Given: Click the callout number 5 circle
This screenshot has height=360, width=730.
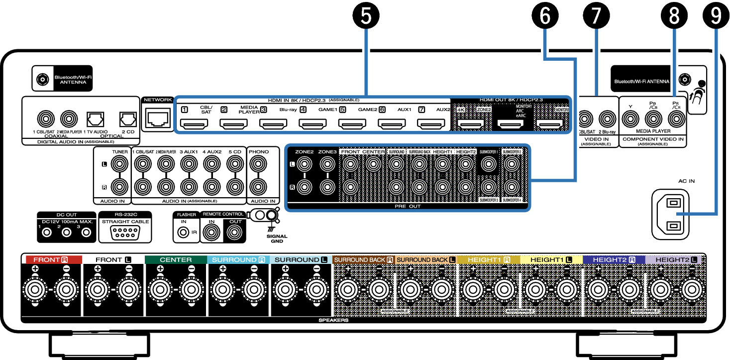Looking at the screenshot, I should tap(366, 16).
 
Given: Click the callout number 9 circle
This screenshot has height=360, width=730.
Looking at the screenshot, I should tap(716, 16).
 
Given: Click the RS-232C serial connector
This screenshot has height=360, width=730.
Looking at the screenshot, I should tap(122, 232).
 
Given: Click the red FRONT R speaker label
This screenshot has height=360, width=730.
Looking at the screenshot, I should tap(51, 259).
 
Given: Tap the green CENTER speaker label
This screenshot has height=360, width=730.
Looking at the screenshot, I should tap(176, 259).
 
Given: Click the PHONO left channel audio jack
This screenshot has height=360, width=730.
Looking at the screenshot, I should tap(257, 163).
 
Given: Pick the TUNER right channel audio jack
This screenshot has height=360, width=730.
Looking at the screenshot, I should tap(119, 187).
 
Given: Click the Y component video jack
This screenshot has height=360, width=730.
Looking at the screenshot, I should tap(630, 119).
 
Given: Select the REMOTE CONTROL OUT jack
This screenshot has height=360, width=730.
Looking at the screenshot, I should tap(235, 232).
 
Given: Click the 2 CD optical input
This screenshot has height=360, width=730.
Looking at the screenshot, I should tap(127, 119).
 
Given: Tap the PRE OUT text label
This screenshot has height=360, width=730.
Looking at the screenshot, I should tap(407, 206).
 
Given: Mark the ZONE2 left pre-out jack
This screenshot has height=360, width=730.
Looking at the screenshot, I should tap(304, 163).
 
